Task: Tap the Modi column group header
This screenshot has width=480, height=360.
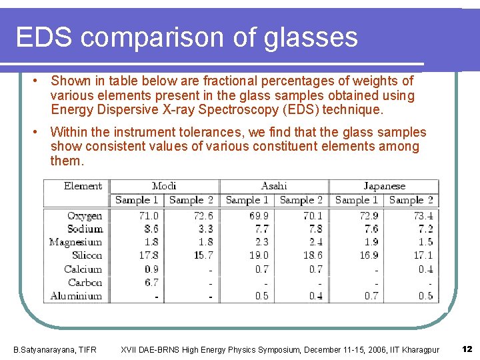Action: pyautogui.click(x=164, y=186)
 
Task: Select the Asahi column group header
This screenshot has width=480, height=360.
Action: pyautogui.click(x=274, y=186)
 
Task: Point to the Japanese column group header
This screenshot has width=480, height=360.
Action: pyautogui.click(x=384, y=186)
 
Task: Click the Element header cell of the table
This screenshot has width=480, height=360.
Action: pyautogui.click(x=83, y=186)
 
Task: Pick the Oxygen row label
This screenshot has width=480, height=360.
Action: pyautogui.click(x=85, y=216)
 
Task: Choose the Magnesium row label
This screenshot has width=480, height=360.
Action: pyautogui.click(x=75, y=242)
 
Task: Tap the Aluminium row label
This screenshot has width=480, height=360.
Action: pyautogui.click(x=76, y=295)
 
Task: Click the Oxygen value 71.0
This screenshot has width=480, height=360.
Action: pyautogui.click(x=149, y=216)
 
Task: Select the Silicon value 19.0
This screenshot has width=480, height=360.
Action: pyautogui.click(x=259, y=255)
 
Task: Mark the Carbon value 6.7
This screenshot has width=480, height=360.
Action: pyautogui.click(x=151, y=282)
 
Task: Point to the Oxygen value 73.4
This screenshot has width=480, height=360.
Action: pyautogui.click(x=423, y=216)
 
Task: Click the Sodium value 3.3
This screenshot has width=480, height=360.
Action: pyautogui.click(x=204, y=229)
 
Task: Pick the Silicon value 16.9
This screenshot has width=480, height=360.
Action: pyautogui.click(x=368, y=255)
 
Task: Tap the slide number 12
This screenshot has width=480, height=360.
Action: pyautogui.click(x=467, y=349)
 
